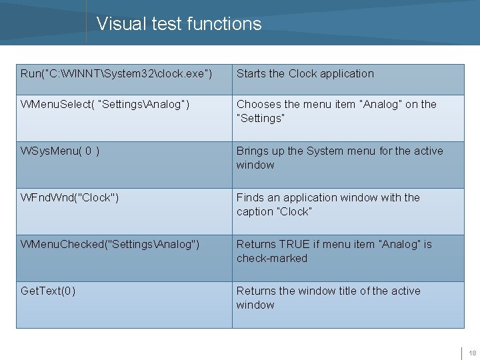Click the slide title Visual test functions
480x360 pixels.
pos(179,24)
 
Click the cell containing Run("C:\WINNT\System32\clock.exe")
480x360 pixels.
pos(117,73)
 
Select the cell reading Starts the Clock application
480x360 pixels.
pos(305,73)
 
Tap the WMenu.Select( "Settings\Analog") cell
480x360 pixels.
pos(105,104)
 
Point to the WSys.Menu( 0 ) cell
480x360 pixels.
pos(61,151)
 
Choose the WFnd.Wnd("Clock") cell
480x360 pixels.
pos(70,197)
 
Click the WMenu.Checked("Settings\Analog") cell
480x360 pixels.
pos(110,244)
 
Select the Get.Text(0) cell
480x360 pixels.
pos(48,291)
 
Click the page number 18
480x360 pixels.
pos(472,353)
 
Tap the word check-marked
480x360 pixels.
pos(272,258)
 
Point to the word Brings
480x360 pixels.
pos(253,151)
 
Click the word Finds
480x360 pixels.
pos(251,197)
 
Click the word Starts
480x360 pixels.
pos(251,73)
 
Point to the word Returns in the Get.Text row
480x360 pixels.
pos(257,291)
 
